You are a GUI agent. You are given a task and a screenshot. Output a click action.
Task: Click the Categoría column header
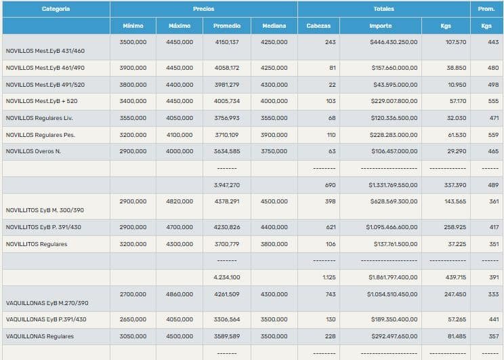(56, 9)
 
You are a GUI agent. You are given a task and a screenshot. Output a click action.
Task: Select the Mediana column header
(274, 26)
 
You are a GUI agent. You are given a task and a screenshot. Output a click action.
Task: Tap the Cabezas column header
(318, 26)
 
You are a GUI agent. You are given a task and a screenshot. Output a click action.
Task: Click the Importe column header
(380, 26)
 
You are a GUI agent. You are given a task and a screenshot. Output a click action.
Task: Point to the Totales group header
(383, 9)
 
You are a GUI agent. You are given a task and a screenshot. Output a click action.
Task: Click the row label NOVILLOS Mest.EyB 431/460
(45, 51)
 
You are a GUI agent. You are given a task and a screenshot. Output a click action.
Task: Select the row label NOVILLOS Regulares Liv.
(39, 118)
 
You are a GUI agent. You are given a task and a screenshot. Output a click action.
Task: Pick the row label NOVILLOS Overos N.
(33, 151)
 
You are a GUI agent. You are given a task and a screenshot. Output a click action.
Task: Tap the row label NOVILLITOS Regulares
(37, 244)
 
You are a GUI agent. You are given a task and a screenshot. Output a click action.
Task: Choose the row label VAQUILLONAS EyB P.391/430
(46, 319)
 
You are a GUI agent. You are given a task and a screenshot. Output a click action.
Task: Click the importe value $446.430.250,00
(394, 42)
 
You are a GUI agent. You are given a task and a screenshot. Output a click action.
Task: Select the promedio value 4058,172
(226, 68)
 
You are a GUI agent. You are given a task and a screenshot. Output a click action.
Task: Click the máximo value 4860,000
(180, 294)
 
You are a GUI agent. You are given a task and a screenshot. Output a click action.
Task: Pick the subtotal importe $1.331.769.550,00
(393, 184)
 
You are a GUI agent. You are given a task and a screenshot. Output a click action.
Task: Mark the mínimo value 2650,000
(133, 319)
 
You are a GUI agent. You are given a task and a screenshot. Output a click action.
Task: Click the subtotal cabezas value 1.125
(328, 277)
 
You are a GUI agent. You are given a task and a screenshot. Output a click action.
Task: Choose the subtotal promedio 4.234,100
(226, 277)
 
